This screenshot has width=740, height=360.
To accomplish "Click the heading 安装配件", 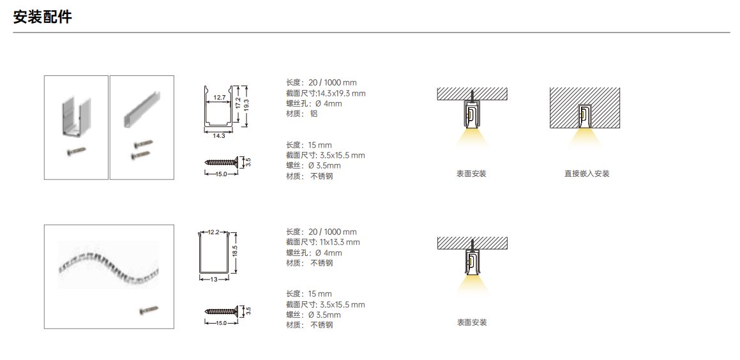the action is click(x=43, y=17).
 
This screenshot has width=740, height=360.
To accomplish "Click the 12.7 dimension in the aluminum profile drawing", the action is click(x=220, y=98).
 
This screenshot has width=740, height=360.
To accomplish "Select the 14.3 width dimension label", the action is click(x=219, y=136).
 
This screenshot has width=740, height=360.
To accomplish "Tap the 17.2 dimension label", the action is click(x=238, y=103).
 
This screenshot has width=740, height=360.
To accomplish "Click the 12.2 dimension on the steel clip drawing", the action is click(x=214, y=232).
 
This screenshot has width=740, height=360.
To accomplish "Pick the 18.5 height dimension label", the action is click(x=234, y=251).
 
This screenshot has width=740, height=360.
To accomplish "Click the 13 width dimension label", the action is click(x=214, y=280).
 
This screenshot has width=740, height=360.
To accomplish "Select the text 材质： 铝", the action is click(x=302, y=114).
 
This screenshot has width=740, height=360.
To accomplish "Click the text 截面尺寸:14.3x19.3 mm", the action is click(x=326, y=93).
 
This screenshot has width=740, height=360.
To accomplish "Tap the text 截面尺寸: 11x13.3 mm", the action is click(x=323, y=242).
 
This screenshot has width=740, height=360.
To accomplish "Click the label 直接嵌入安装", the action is click(x=587, y=174).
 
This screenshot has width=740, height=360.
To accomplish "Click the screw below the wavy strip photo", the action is click(x=149, y=310).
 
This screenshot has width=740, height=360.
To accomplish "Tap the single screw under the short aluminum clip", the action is click(x=76, y=151).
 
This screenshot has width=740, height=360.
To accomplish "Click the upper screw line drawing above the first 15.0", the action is click(x=222, y=162).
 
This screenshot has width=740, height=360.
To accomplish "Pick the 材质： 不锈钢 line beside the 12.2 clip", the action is click(x=310, y=263).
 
